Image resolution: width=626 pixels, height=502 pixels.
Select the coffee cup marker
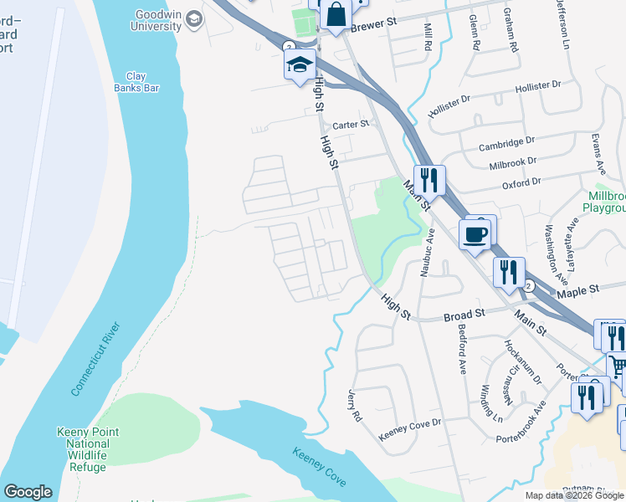click(x=476, y=233)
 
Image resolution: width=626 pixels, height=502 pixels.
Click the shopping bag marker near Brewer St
click(x=335, y=15)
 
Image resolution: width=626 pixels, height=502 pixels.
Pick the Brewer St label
click(x=373, y=26)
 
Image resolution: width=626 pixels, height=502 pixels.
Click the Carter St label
click(x=351, y=125)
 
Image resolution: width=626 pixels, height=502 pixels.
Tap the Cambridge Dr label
click(x=505, y=144)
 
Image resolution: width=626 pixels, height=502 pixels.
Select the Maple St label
click(x=579, y=290)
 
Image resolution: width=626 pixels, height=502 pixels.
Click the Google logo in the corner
click(x=28, y=492)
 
